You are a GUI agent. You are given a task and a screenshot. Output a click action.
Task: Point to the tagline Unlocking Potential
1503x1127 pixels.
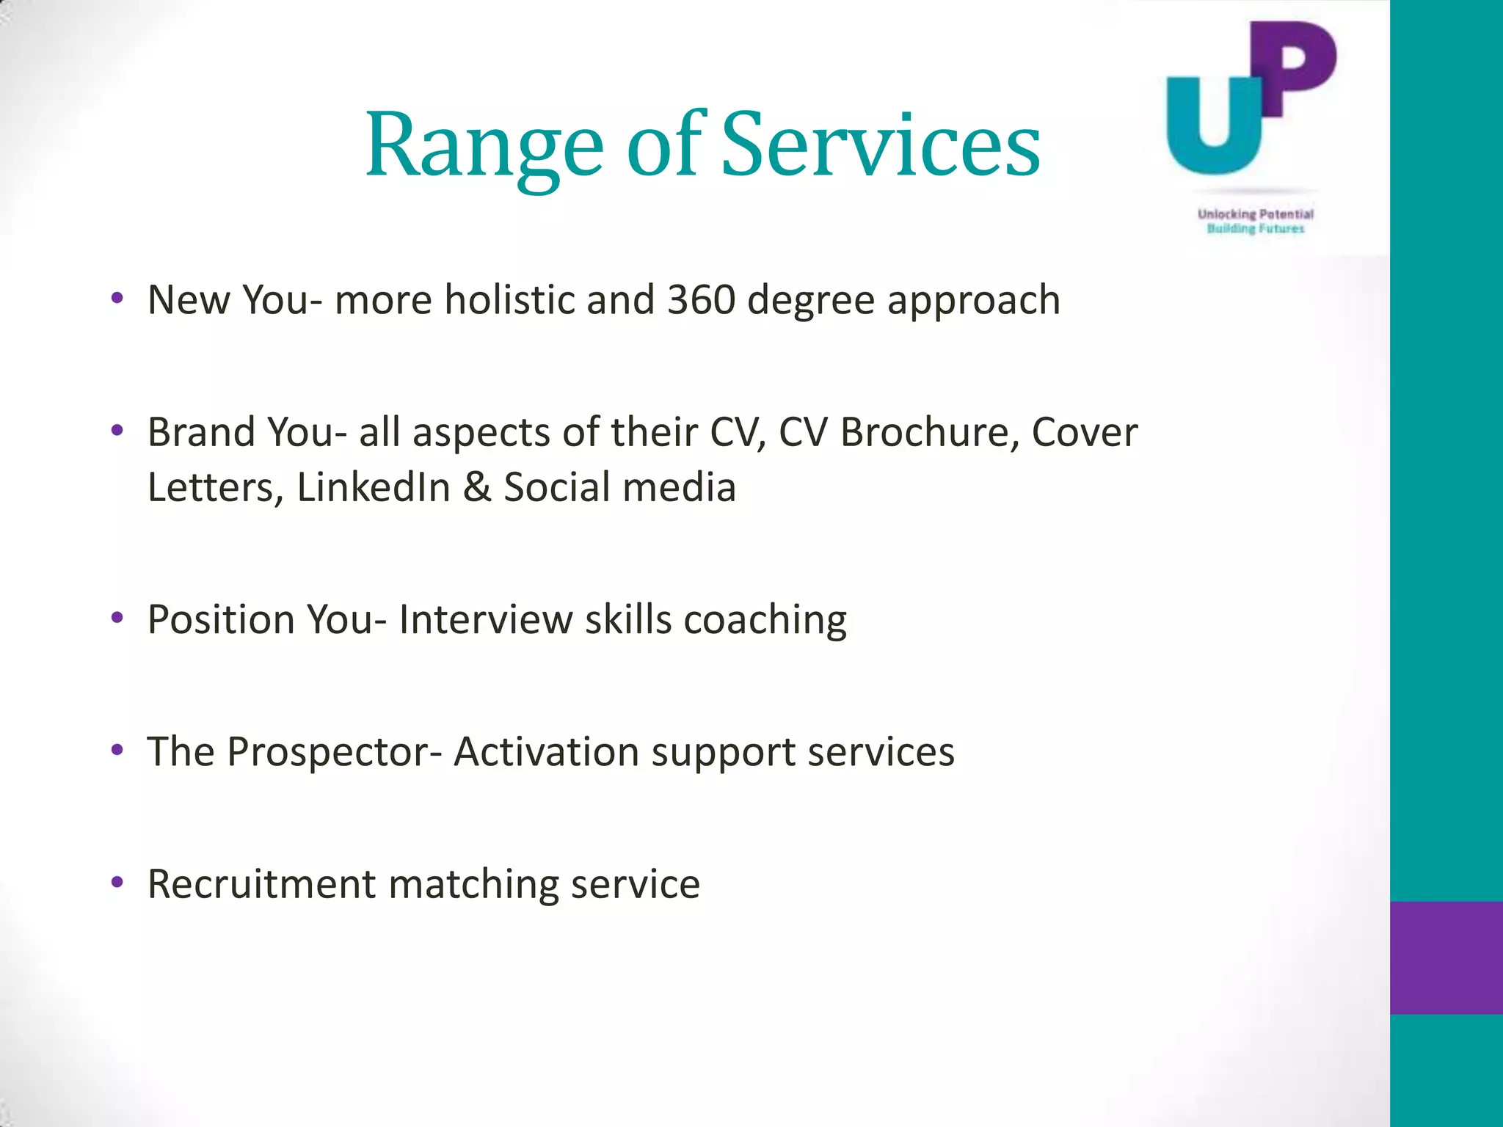click(x=1255, y=214)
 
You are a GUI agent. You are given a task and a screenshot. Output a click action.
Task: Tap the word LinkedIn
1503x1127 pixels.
click(x=374, y=487)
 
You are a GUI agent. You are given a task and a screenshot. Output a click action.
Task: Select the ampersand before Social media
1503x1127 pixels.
click(x=477, y=487)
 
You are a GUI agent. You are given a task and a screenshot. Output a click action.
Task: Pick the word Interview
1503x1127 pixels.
click(x=485, y=619)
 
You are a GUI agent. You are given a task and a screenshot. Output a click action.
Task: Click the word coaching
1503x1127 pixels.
click(x=765, y=621)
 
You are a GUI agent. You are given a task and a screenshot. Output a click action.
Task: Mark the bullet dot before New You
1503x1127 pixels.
click(x=117, y=299)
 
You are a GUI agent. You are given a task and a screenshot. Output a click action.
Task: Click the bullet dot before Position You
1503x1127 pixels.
click(x=117, y=619)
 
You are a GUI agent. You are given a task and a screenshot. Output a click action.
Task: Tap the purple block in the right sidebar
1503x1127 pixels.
click(x=1446, y=958)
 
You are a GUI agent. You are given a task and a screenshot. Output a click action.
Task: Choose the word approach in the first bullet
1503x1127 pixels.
click(x=973, y=301)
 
